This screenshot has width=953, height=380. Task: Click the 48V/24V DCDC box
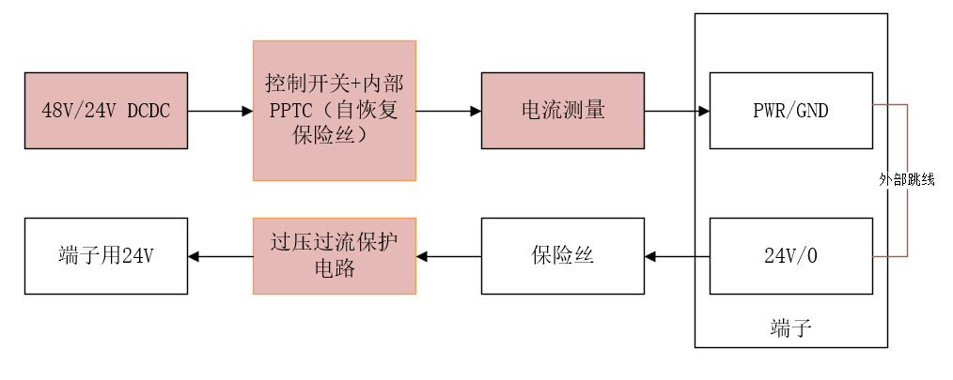tap(105, 111)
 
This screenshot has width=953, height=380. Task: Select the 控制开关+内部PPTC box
tap(334, 110)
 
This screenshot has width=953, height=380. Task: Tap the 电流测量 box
tap(562, 110)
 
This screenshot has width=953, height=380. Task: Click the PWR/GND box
tap(790, 110)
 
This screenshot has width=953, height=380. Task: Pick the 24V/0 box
tap(790, 255)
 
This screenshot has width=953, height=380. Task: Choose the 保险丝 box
tap(562, 255)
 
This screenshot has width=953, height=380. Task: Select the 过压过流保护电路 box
tap(334, 255)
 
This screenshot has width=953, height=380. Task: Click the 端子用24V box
tap(105, 255)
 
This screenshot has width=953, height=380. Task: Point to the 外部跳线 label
tap(907, 179)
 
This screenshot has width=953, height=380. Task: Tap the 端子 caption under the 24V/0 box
tap(790, 327)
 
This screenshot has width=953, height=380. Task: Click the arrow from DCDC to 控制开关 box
tap(220, 111)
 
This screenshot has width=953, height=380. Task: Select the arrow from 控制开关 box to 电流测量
tap(448, 111)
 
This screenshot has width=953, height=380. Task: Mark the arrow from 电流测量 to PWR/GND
tap(677, 111)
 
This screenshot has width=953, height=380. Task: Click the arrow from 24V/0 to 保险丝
tap(677, 255)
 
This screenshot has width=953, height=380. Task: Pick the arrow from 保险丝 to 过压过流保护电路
tap(448, 255)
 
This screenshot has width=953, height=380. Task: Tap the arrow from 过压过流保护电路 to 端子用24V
tap(220, 255)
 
